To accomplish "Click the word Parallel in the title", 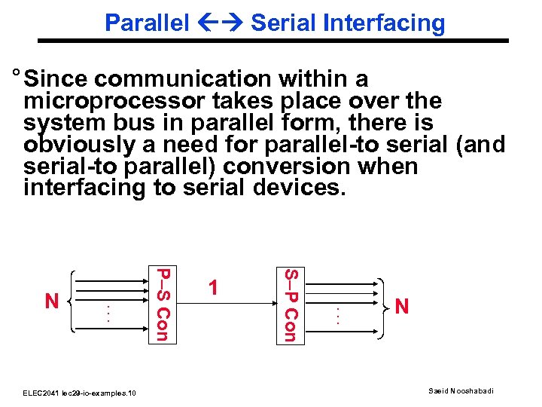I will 147,23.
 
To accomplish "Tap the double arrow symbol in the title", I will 220,23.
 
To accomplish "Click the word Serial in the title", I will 281,23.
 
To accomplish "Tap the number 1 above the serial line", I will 215,288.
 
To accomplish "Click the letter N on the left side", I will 52,302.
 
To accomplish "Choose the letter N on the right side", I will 402,306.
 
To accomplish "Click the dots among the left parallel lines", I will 108,313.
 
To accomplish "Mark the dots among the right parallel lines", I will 340,314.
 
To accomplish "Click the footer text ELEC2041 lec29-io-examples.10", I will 79,393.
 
